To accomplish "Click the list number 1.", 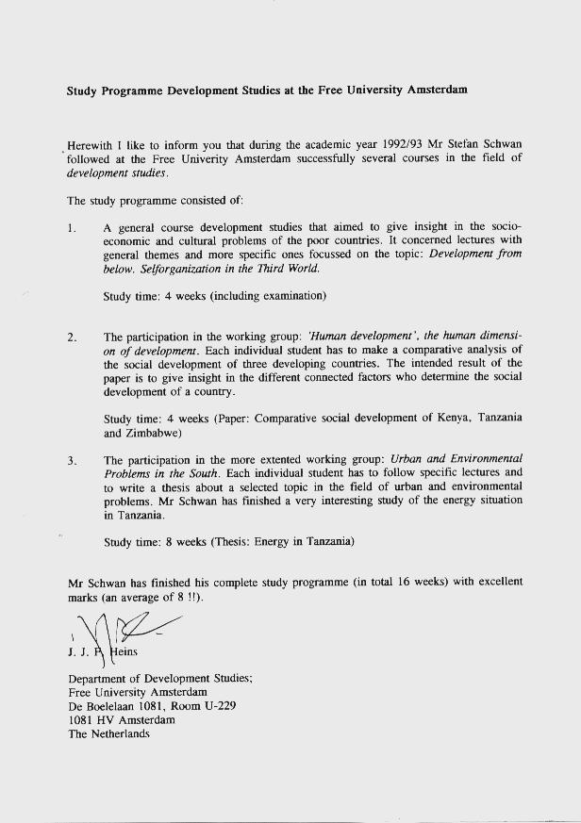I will pos(72,228).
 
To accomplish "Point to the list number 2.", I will pos(72,337).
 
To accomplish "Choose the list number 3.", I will pos(72,460).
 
